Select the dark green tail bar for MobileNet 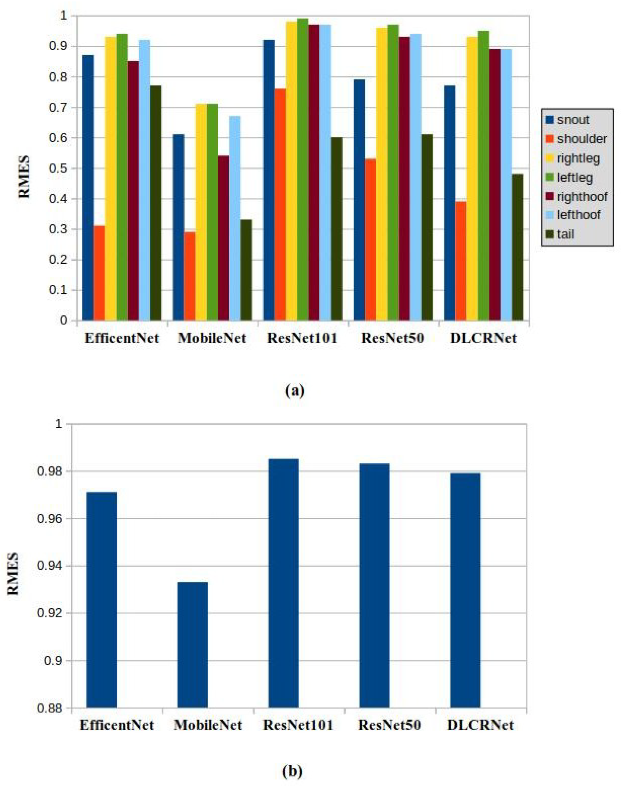click(246, 270)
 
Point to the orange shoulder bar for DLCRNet click(461, 261)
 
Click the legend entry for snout click(573, 120)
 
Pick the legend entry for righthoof click(582, 197)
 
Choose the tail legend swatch click(550, 234)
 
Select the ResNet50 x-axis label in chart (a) click(392, 338)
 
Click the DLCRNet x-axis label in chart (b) click(480, 725)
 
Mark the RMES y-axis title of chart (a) click(24, 177)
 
